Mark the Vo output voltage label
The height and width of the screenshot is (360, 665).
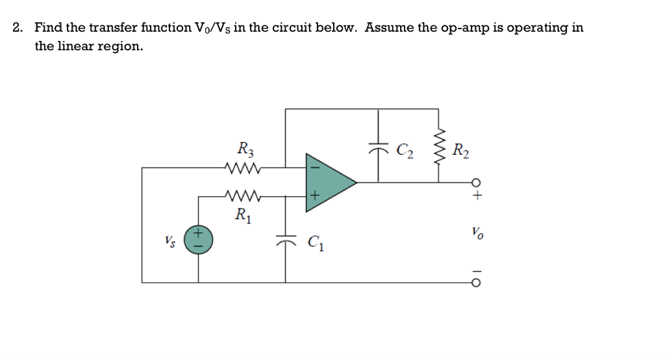point(477,232)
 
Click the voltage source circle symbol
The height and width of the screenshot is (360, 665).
point(198,238)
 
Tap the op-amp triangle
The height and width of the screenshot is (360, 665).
point(328,183)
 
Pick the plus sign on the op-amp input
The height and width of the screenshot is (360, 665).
point(314,194)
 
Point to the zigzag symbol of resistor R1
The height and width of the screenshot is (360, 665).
point(243,194)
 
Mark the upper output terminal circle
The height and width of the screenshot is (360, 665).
point(477,183)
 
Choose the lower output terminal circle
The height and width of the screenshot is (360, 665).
point(477,283)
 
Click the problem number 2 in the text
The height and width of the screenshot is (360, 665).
point(18,28)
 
